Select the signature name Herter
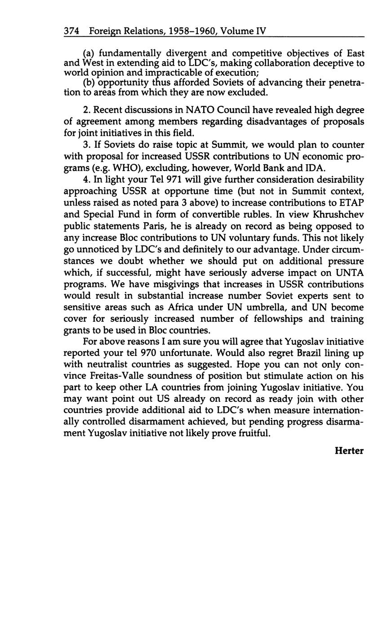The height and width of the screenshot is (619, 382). click(x=349, y=451)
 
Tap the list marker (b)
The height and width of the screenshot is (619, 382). click(x=89, y=83)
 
